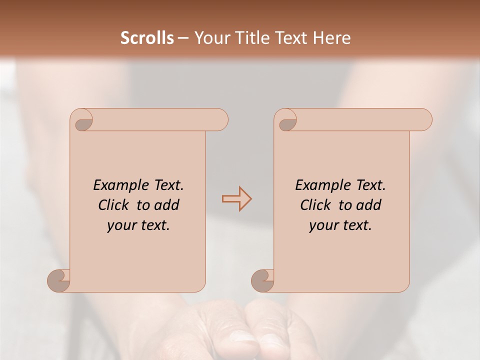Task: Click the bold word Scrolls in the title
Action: coord(147,38)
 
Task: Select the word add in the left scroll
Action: coord(166,205)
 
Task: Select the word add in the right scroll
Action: coord(368,205)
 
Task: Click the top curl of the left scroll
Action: coord(83,122)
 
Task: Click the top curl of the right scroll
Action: coord(287,122)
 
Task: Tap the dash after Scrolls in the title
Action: coord(183,38)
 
